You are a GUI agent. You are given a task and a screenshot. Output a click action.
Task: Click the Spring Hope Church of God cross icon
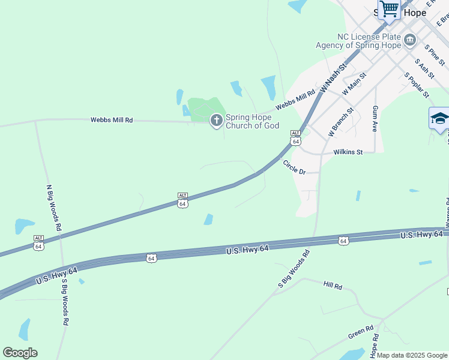click(216, 121)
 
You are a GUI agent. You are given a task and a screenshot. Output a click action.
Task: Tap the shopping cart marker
click(389, 10)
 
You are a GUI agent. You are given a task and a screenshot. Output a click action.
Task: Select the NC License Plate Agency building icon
click(410, 40)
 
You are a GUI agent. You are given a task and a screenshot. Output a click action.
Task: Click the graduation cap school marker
click(439, 118)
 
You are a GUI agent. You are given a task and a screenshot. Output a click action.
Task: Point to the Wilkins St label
click(349, 152)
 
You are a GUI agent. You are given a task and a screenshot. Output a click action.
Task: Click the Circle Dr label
click(294, 167)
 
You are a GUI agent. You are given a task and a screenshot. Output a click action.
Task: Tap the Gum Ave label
click(375, 119)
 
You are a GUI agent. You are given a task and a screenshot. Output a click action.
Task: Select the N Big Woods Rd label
click(54, 208)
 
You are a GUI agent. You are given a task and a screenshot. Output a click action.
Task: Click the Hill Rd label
click(332, 286)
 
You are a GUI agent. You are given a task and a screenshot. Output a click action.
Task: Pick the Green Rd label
click(361, 332)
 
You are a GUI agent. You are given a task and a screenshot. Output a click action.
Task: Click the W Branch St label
click(341, 120)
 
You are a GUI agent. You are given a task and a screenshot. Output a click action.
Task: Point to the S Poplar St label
click(417, 85)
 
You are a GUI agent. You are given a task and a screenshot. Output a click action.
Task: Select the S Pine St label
click(435, 55)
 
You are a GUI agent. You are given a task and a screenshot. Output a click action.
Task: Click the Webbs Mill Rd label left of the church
click(112, 120)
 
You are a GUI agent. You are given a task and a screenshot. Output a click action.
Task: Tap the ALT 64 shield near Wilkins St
click(295, 137)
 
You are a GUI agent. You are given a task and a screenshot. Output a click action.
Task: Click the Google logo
click(20, 353)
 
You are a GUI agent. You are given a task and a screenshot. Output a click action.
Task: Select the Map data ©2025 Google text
click(411, 355)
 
